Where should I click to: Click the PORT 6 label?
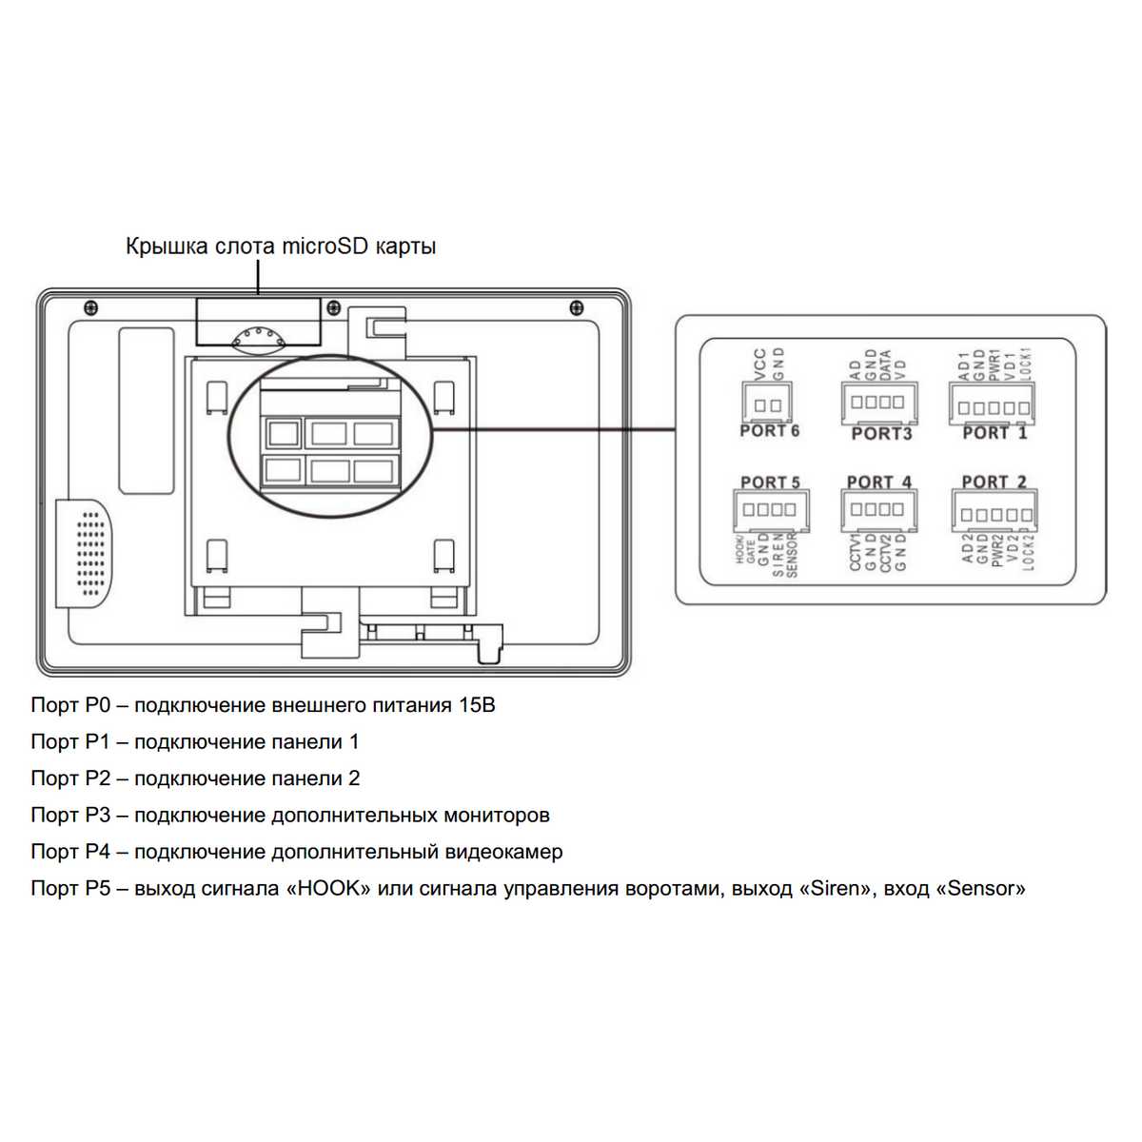click(x=769, y=431)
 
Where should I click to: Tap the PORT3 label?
click(x=881, y=434)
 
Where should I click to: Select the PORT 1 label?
click(x=994, y=433)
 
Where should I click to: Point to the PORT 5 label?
click(x=770, y=483)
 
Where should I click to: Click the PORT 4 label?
click(x=878, y=482)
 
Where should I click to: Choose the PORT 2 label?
click(x=994, y=482)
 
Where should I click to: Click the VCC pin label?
click(x=759, y=364)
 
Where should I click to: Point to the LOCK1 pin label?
click(x=1025, y=364)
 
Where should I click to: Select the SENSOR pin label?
click(x=792, y=556)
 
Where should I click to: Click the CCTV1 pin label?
click(x=855, y=553)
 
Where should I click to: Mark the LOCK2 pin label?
click(x=1027, y=551)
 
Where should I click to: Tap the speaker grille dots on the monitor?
click(x=90, y=554)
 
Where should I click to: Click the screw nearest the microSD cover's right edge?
click(x=332, y=307)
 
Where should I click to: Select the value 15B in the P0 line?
click(x=475, y=705)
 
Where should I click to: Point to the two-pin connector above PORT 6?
click(x=767, y=404)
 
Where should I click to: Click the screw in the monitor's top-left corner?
click(x=90, y=306)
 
